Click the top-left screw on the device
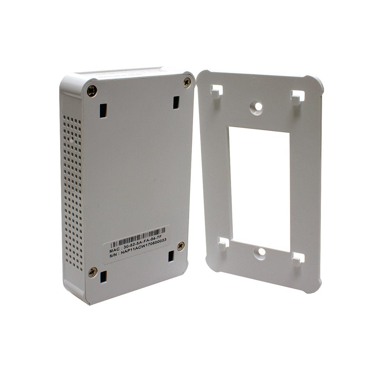[92, 90]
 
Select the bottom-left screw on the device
[92, 272]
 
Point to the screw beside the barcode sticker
[180, 246]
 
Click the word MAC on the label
[115, 251]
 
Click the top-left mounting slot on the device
[103, 110]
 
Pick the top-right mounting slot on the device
[176, 102]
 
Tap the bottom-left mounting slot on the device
[103, 277]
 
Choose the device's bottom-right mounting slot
[171, 256]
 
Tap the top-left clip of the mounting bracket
[217, 92]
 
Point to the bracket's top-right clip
[297, 97]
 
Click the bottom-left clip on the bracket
[223, 244]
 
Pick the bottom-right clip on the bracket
[298, 259]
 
